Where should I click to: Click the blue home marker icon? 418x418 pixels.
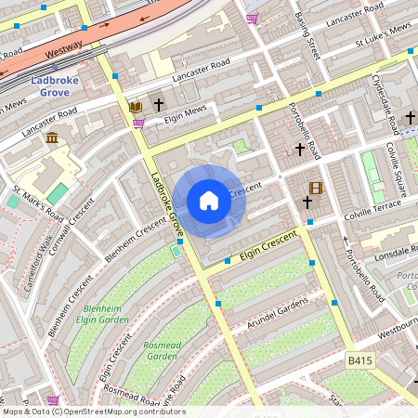tap(209, 201)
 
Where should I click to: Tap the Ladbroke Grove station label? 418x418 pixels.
tap(58, 86)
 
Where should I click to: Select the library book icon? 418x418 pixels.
tap(136, 106)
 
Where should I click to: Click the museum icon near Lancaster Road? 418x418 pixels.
tap(51, 137)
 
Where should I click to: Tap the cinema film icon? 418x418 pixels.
tap(315, 188)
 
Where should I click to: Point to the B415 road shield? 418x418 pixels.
tap(360, 359)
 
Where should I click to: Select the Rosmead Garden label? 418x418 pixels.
tap(161, 349)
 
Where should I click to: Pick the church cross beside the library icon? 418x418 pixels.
tap(159, 105)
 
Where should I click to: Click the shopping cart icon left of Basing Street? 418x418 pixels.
tap(253, 18)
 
